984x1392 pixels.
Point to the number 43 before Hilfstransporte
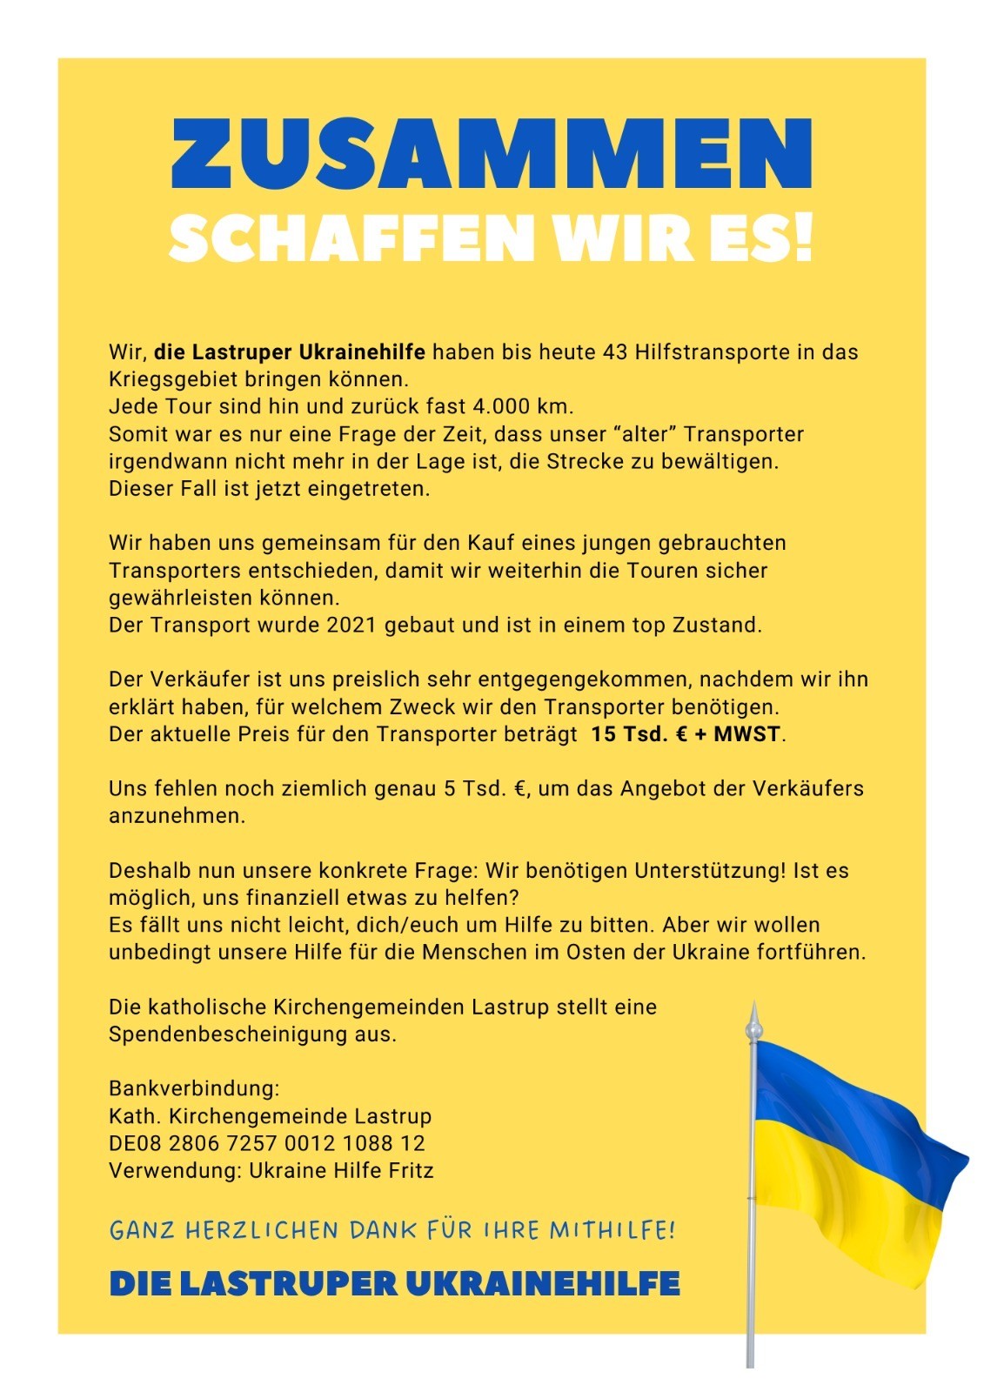click(614, 352)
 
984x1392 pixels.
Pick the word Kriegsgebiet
click(172, 379)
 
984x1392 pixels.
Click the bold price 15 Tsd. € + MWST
click(686, 733)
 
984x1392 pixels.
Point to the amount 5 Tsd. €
click(486, 788)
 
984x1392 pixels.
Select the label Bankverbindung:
click(194, 1088)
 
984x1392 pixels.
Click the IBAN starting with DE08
click(266, 1143)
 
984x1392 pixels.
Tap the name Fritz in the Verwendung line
click(411, 1170)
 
